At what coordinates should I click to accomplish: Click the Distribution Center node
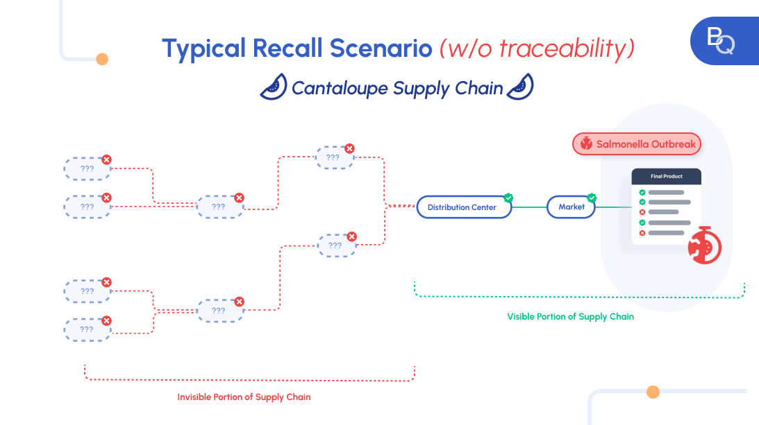(x=463, y=207)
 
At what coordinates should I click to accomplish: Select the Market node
(x=571, y=207)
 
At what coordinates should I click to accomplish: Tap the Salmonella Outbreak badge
(x=637, y=144)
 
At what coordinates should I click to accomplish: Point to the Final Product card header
(x=666, y=177)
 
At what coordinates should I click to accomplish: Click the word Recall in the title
(x=287, y=49)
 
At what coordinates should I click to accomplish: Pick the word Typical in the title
(x=203, y=49)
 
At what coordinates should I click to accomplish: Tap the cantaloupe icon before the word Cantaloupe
(x=274, y=87)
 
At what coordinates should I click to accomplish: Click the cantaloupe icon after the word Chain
(x=520, y=87)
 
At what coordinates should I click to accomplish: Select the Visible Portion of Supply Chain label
(x=570, y=316)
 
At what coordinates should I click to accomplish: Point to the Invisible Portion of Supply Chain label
(x=244, y=397)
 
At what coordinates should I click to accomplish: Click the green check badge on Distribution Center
(x=508, y=198)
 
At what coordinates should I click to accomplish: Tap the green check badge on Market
(x=592, y=198)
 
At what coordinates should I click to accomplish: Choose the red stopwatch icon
(x=703, y=245)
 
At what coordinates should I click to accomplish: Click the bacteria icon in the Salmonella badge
(x=587, y=144)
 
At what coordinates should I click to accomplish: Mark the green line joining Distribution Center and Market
(x=529, y=207)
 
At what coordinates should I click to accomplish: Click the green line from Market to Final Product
(x=612, y=207)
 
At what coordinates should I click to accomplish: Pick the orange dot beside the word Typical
(x=102, y=59)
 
